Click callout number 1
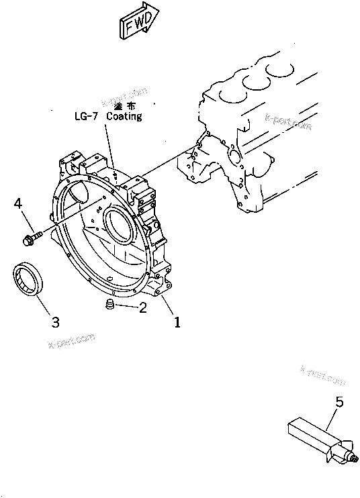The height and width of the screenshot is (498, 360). click(x=177, y=322)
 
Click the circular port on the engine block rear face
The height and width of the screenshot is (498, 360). click(x=234, y=156)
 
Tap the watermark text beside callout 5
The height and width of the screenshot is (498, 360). click(x=322, y=375)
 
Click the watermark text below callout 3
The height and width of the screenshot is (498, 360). click(x=71, y=342)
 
